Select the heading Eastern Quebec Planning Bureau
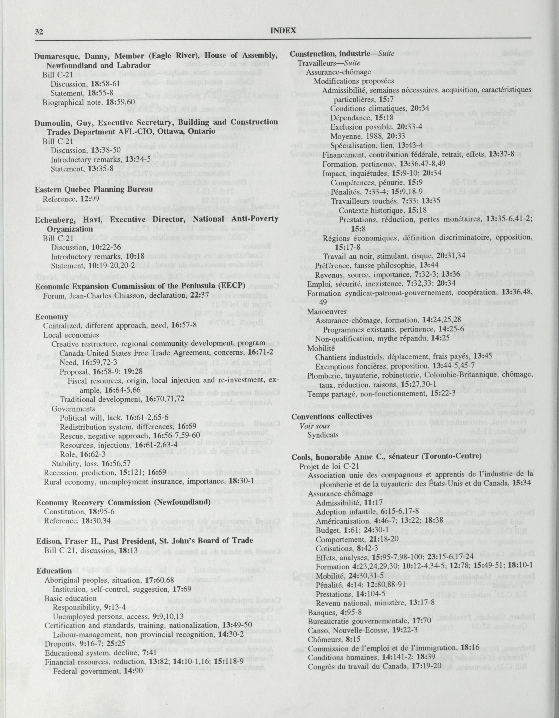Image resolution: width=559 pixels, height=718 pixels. click(x=94, y=190)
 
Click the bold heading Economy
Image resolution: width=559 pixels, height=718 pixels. click(x=52, y=317)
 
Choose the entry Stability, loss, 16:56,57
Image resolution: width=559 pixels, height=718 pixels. click(x=91, y=464)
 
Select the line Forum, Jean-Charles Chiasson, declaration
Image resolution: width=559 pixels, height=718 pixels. click(x=126, y=295)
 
